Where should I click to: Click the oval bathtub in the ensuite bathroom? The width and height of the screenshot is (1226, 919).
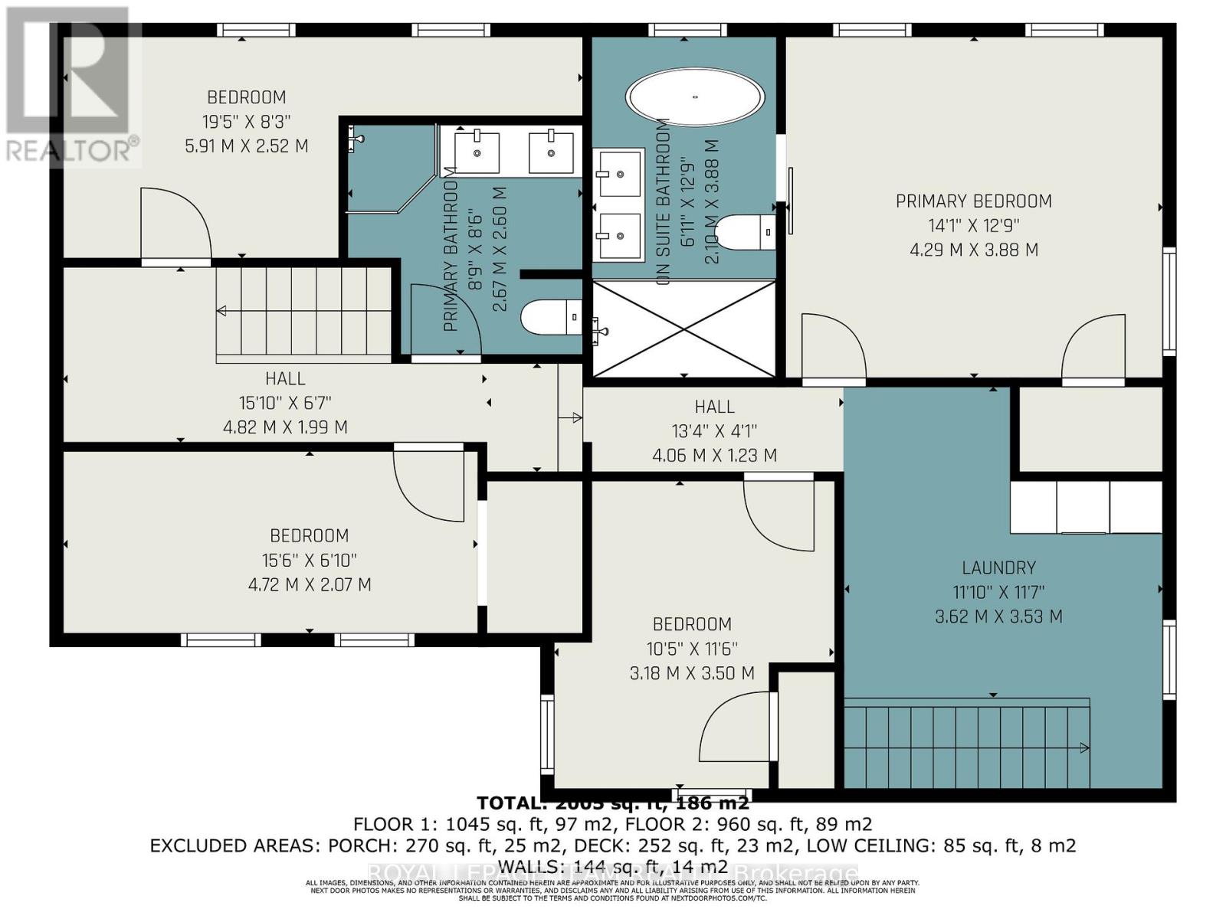coord(695,97)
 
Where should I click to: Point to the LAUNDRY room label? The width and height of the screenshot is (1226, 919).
coord(998,567)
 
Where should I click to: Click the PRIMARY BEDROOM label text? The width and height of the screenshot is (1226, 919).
coord(973,201)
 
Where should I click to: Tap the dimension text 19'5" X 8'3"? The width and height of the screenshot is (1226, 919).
coord(247,121)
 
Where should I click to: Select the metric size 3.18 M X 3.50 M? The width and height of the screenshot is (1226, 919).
coord(691,673)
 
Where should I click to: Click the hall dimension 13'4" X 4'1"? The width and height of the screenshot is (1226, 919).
coord(714,431)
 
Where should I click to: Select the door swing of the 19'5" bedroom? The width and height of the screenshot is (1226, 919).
coord(176,226)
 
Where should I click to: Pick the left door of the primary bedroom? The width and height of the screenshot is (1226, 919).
coord(833,348)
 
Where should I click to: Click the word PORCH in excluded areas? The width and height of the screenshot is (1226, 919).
coord(359,845)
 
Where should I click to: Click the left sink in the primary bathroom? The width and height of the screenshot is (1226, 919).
coord(477,152)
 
